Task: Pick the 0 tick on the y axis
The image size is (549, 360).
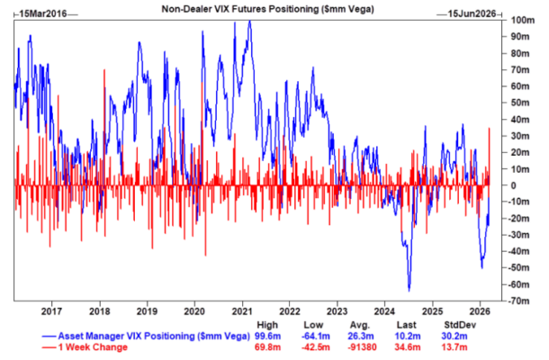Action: [509, 185]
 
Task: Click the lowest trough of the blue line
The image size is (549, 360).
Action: [409, 290]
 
